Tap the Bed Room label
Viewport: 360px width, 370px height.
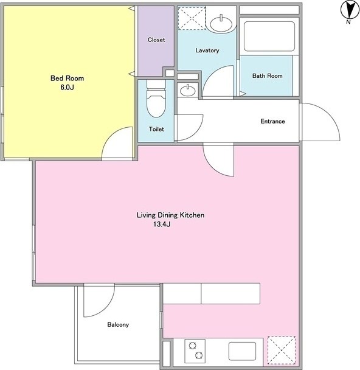pyautogui.click(x=67, y=78)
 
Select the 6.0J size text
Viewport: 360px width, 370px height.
pyautogui.click(x=67, y=87)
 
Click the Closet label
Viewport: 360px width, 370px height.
pyautogui.click(x=156, y=40)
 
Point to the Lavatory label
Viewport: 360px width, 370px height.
pyautogui.click(x=207, y=51)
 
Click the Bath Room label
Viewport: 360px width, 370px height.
pyautogui.click(x=268, y=75)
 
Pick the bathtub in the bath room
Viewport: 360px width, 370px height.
pyautogui.click(x=269, y=37)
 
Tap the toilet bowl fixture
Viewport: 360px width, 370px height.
pyautogui.click(x=156, y=99)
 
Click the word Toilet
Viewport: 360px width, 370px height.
pyautogui.click(x=156, y=129)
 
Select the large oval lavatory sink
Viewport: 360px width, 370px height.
pyautogui.click(x=221, y=24)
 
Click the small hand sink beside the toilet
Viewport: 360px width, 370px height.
pyautogui.click(x=188, y=90)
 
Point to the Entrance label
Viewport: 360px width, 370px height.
pyautogui.click(x=272, y=121)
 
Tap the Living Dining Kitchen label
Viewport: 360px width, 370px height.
pyautogui.click(x=171, y=215)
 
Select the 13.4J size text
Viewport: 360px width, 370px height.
pyautogui.click(x=162, y=224)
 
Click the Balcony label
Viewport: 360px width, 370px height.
pyautogui.click(x=118, y=325)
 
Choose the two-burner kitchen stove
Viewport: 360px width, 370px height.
pyautogui.click(x=195, y=351)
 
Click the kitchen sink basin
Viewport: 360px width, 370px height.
pyautogui.click(x=243, y=351)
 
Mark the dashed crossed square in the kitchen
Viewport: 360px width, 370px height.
pyautogui.click(x=282, y=351)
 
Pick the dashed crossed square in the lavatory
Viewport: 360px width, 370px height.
pyautogui.click(x=192, y=18)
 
